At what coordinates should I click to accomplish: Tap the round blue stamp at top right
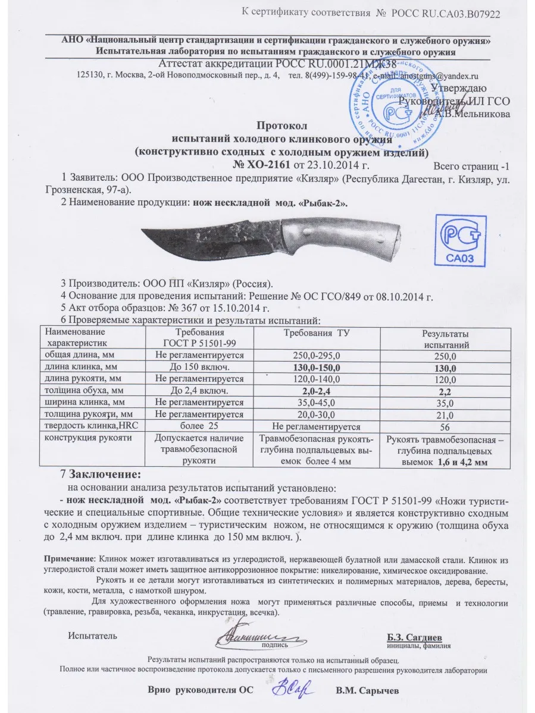click(395, 99)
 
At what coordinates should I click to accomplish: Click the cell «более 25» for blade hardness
click(201, 426)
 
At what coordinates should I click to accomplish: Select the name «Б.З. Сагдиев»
click(418, 637)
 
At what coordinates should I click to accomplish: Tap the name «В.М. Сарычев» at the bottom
click(367, 690)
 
